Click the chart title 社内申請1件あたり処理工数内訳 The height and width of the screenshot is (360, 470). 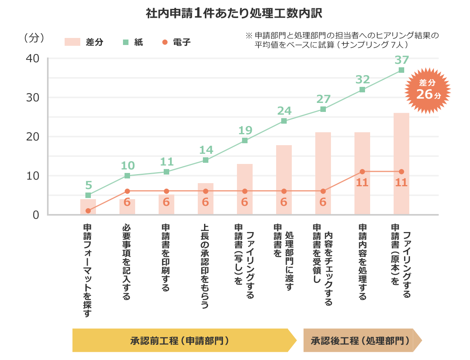pyautogui.click(x=234, y=14)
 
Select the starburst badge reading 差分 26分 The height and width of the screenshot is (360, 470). pyautogui.click(x=428, y=90)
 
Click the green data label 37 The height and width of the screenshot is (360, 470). pyautogui.click(x=401, y=60)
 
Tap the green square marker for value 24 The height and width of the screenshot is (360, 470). pyautogui.click(x=284, y=121)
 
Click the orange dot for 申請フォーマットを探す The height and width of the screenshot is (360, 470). pyautogui.click(x=88, y=211)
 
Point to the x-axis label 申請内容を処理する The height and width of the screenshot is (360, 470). pyautogui.click(x=362, y=262)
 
